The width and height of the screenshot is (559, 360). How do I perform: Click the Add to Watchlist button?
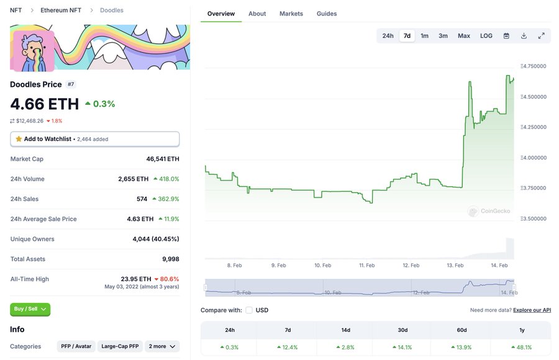click(94, 139)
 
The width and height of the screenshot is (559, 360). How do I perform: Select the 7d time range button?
click(407, 36)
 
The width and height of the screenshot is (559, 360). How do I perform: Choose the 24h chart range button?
click(388, 36)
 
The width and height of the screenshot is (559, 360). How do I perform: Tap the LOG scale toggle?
click(486, 36)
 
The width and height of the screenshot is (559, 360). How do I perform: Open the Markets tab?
click(291, 14)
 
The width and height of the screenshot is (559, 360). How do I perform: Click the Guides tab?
click(327, 14)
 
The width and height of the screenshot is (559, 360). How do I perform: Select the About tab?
click(257, 14)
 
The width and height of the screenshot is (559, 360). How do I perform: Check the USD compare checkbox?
click(249, 310)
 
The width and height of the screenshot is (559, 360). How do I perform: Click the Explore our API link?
click(532, 310)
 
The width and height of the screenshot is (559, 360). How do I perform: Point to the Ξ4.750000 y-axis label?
click(533, 66)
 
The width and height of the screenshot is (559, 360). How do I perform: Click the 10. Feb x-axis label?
click(322, 266)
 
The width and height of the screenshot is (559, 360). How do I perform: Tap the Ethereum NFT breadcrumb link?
click(61, 11)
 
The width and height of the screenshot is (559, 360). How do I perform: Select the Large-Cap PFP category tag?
click(120, 346)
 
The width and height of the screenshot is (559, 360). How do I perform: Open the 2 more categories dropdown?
click(162, 346)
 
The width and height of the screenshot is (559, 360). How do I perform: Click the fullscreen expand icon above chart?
click(541, 36)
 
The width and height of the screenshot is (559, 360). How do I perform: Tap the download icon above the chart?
click(524, 36)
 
